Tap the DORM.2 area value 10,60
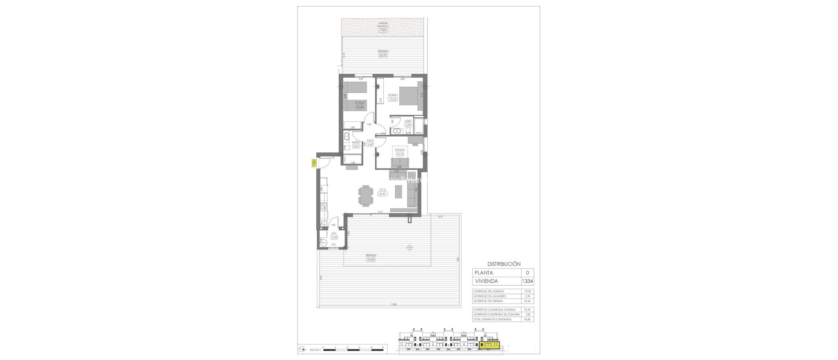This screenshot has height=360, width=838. (360, 107)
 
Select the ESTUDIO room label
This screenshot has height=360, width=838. (400, 161)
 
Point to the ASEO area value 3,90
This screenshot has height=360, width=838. (408, 125)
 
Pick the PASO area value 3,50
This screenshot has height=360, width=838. (370, 144)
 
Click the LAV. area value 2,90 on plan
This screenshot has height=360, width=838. (334, 237)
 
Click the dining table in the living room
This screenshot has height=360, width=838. (79, 196)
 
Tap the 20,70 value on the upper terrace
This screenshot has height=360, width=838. (383, 55)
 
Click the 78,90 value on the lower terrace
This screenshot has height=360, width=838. (372, 259)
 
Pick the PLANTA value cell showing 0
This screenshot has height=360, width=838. (527, 273)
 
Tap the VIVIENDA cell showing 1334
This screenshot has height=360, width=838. (527, 281)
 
